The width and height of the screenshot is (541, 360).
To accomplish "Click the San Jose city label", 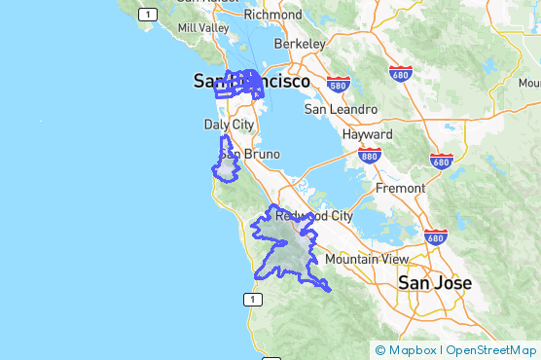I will [435, 283].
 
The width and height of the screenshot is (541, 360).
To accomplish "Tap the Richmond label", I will [273, 15].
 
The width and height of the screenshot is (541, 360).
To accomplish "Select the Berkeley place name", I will [299, 45].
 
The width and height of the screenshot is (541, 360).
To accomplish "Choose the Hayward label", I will [367, 134].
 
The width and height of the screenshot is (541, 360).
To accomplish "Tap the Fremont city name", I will [399, 188].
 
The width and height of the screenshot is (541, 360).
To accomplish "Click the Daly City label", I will [229, 125].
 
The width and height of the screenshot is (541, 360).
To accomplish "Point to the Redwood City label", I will [313, 215].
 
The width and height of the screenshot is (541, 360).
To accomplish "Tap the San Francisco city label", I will [251, 82].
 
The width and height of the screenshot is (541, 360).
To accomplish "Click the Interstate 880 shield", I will [368, 155].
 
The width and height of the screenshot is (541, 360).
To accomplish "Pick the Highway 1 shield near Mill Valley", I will [148, 14].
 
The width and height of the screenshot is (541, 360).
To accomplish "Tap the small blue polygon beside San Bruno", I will [228, 165].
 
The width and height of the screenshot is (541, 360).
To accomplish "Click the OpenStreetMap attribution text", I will [490, 350].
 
